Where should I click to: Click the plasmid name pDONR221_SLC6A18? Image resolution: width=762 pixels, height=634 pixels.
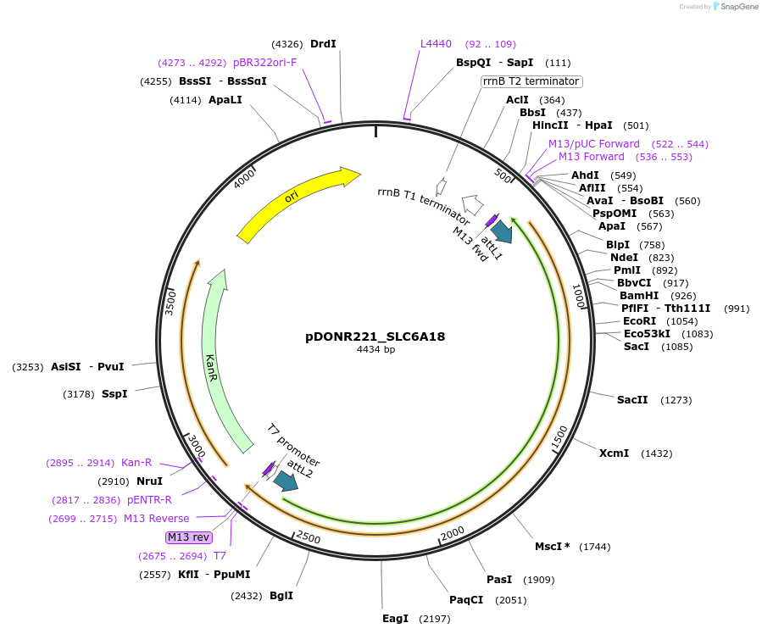tap(375, 336)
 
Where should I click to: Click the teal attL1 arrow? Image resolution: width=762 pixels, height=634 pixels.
tap(502, 231)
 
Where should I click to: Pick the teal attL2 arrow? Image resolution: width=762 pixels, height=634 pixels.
tap(286, 481)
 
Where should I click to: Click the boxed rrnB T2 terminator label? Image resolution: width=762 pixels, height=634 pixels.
tap(531, 81)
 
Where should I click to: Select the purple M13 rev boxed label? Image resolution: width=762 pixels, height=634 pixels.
tap(188, 537)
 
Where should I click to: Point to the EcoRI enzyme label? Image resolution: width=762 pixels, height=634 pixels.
tap(639, 321)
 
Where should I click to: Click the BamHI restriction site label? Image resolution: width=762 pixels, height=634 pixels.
tap(638, 296)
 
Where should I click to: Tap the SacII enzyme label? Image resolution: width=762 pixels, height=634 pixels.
tap(632, 400)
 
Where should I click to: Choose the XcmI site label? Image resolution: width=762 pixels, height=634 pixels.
tap(614, 453)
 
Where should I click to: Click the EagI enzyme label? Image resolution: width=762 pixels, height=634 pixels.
tap(395, 619)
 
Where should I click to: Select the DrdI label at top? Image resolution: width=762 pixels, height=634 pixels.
tap(323, 44)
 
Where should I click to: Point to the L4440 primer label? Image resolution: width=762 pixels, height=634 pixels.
tap(436, 44)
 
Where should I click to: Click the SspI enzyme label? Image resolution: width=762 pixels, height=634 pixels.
tap(114, 394)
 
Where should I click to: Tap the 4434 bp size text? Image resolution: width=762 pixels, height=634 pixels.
tap(375, 350)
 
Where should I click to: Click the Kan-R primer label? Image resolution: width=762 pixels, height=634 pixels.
tap(136, 463)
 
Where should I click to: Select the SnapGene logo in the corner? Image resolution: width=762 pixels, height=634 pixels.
tap(734, 7)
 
